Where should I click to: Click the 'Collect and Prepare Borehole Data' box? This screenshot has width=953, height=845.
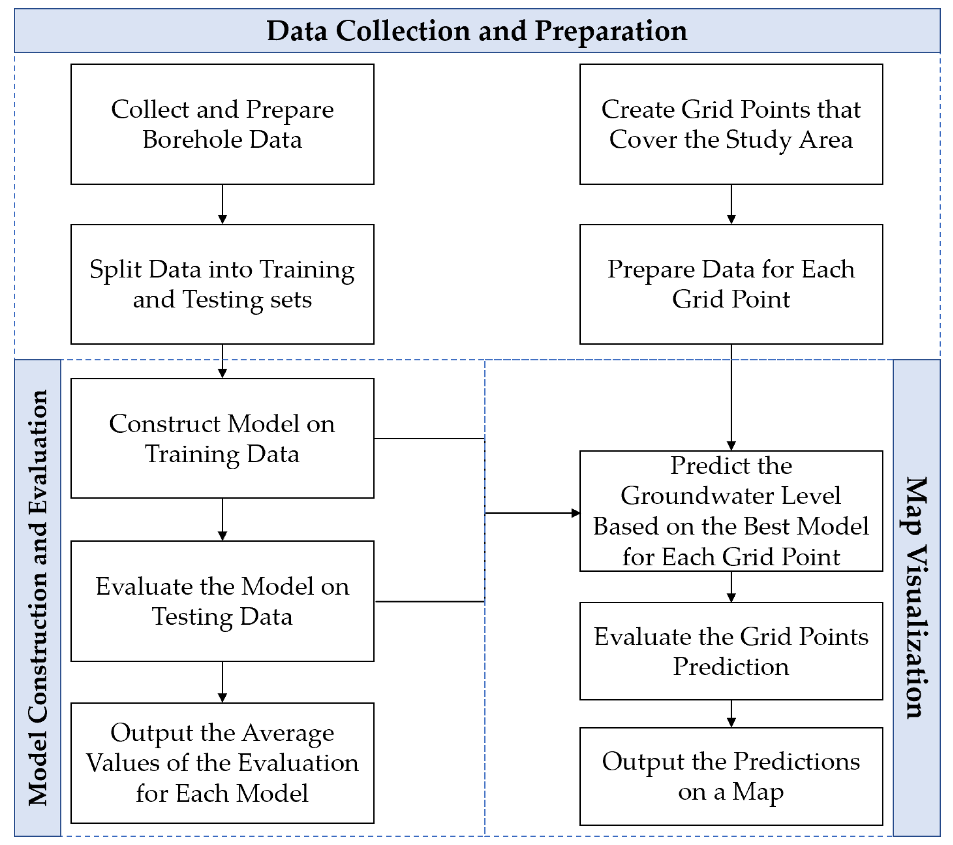coord(222,124)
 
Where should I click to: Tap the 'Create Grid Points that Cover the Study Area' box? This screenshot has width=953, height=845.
coord(731,124)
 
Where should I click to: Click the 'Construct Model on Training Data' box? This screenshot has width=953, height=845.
coord(222,438)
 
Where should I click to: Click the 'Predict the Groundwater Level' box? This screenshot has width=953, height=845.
coord(731,511)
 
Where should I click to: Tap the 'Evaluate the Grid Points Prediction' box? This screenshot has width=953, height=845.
coord(731,651)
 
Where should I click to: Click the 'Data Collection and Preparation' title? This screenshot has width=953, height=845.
coord(477,31)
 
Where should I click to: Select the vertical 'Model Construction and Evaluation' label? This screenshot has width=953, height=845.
coord(38,597)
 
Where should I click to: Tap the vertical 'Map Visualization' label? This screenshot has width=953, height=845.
coord(916,597)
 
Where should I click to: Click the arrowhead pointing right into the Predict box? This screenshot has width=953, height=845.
coord(576,513)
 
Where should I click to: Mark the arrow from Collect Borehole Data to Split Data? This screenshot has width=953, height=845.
coord(222,204)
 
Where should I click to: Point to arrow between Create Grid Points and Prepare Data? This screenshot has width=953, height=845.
coord(731,204)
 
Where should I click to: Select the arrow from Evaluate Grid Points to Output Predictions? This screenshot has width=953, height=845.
coord(731,714)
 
